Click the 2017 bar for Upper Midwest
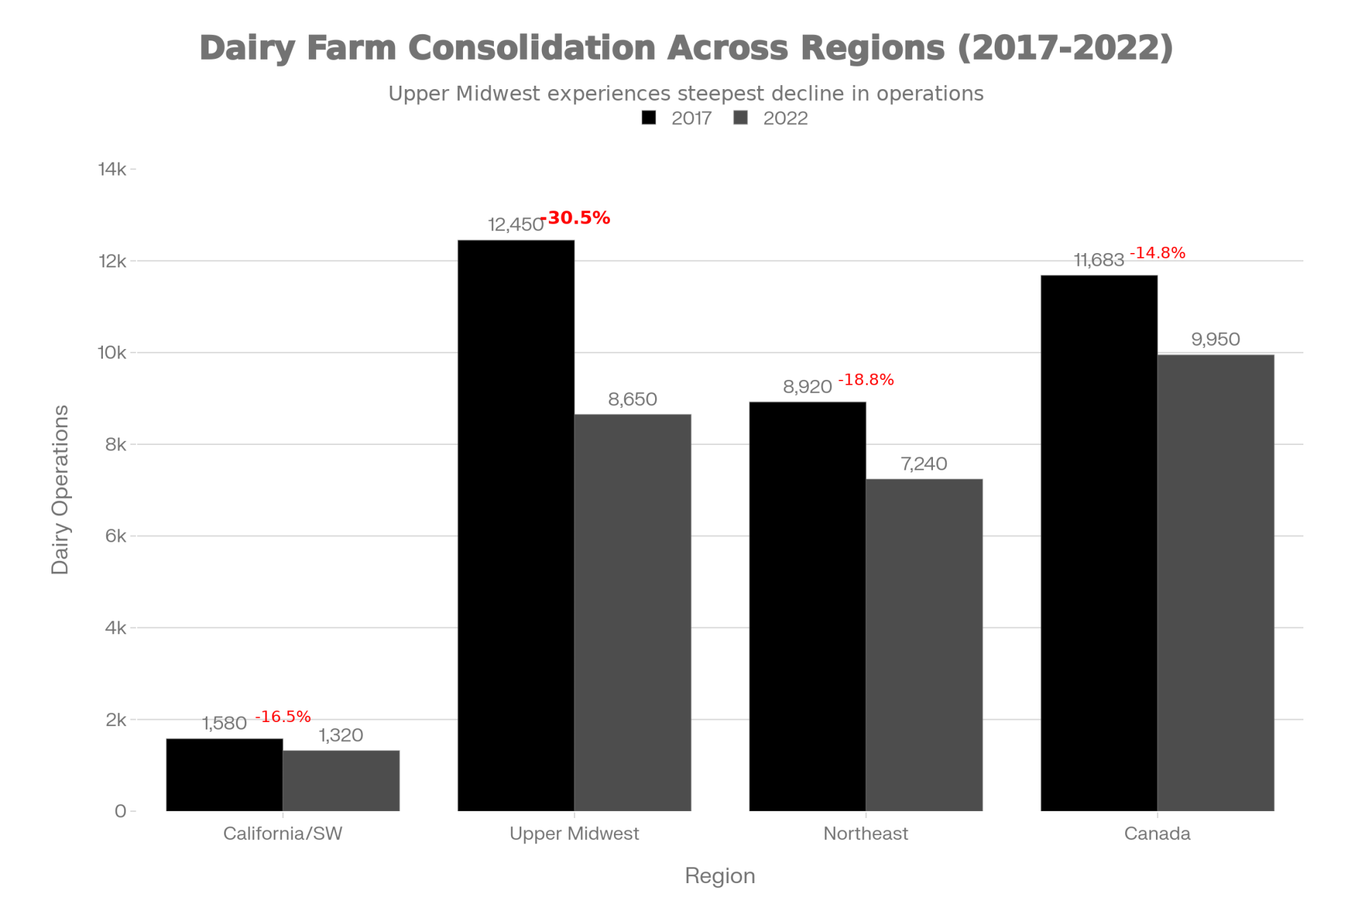coord(516,525)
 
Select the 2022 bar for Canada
coord(1216,583)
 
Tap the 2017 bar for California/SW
coord(224,775)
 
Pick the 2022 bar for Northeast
coord(924,645)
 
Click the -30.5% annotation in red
coord(576,218)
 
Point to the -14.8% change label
coord(1158,253)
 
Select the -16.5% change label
coord(283,717)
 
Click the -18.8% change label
coord(866,380)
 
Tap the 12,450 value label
coord(515,225)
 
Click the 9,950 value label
coord(1216,339)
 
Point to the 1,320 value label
coord(341,736)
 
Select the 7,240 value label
coord(924,464)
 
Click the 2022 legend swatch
coord(741,118)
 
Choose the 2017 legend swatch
coord(649,118)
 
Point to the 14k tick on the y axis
coord(113,169)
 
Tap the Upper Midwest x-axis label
coord(574,834)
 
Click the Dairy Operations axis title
coord(60,490)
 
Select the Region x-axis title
coord(720,876)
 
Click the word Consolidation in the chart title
coord(532,48)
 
